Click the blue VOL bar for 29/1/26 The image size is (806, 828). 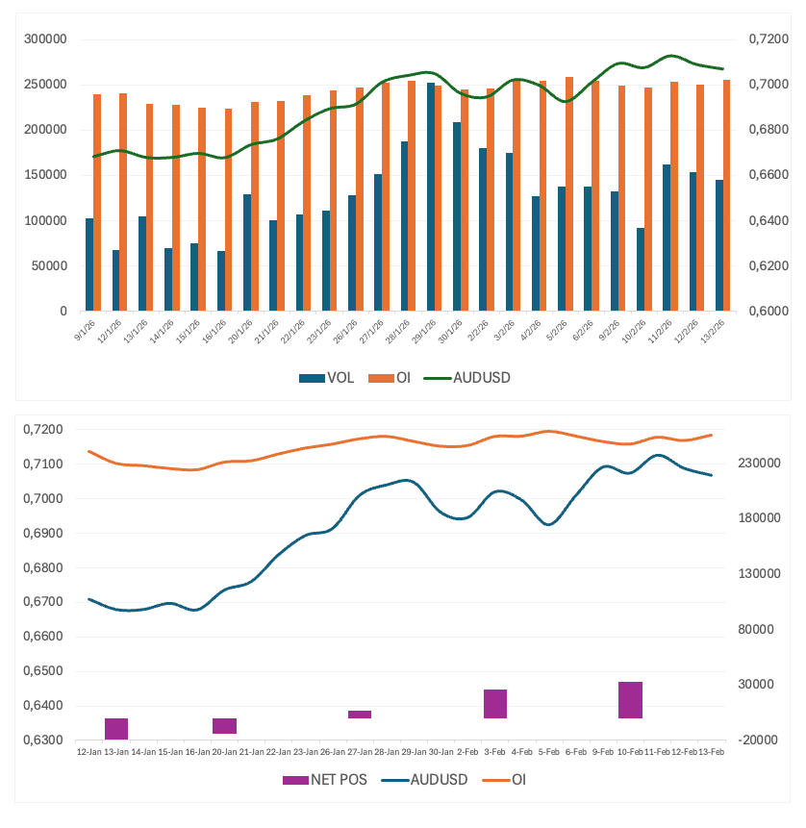pos(431,197)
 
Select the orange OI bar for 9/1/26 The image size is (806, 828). pos(97,203)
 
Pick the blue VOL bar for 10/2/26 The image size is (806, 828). pos(641,269)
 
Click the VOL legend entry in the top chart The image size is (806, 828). pos(327,378)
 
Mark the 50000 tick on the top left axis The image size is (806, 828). pos(48,265)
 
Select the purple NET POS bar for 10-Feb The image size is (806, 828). pos(630,700)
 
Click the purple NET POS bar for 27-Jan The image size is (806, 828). pos(360,715)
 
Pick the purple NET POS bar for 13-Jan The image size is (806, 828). pos(116,729)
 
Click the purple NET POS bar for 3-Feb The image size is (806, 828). pos(495,704)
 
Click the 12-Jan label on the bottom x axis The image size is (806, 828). pos(89,751)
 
